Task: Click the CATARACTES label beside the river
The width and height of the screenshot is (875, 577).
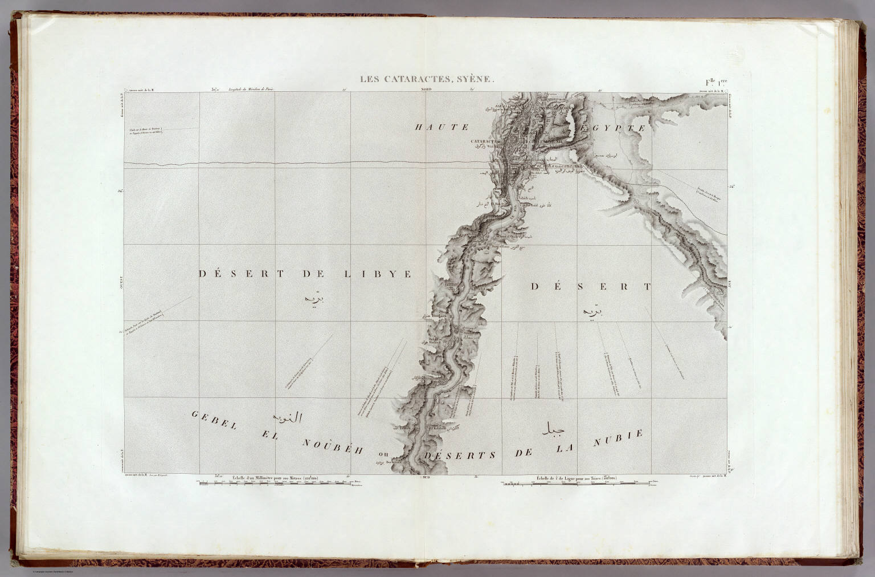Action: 485,140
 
